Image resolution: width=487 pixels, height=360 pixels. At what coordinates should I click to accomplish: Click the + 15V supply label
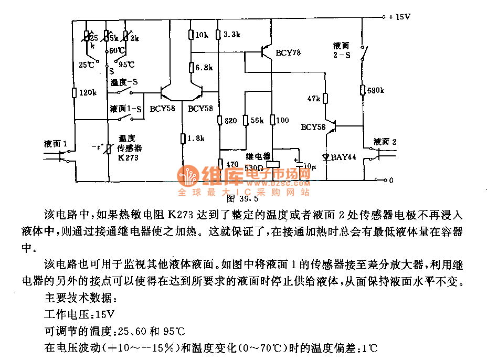[399, 17]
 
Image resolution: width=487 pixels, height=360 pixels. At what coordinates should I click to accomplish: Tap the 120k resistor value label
[88, 93]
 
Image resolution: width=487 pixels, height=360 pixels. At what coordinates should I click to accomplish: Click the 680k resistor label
[375, 90]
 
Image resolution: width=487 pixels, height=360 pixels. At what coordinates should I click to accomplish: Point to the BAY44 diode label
[344, 156]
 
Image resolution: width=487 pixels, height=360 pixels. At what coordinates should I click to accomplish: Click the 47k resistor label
[314, 99]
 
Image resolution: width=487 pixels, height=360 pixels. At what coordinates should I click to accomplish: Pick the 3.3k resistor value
[231, 35]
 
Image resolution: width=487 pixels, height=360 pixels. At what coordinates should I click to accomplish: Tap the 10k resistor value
[202, 35]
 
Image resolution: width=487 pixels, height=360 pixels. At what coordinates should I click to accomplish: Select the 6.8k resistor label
[203, 68]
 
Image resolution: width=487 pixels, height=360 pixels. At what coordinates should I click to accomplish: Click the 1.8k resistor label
[195, 139]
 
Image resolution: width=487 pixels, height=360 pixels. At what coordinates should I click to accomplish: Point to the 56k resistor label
[258, 120]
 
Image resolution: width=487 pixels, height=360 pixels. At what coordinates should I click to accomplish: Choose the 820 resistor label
[231, 120]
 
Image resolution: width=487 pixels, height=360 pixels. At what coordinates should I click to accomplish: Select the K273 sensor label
[128, 157]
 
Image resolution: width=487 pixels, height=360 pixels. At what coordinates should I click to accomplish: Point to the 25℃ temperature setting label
[87, 65]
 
